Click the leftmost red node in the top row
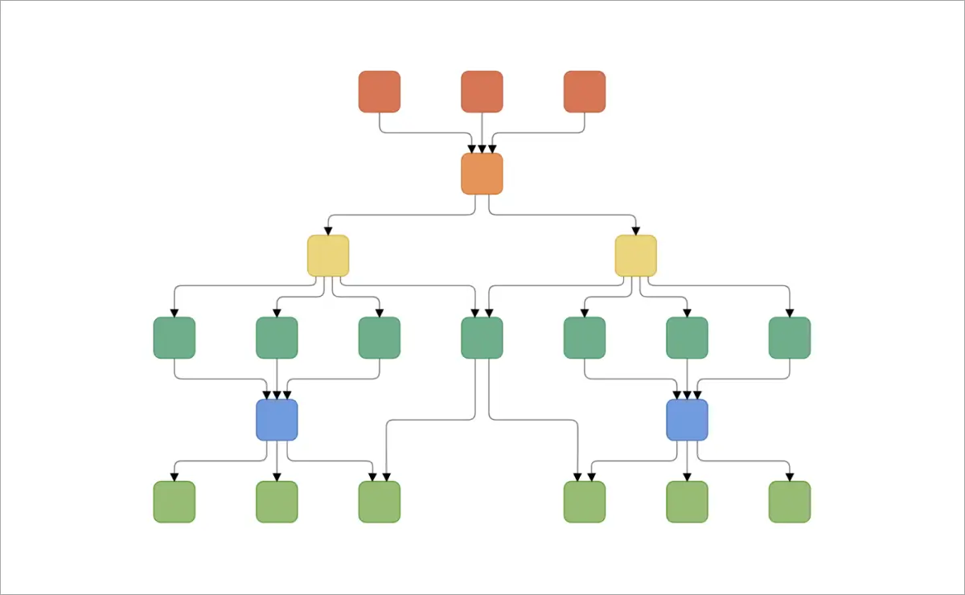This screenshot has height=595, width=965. pos(379,92)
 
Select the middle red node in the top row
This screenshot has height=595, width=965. pos(482,92)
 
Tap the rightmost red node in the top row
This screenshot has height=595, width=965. pos(585,92)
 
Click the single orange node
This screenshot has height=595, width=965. pos(482,174)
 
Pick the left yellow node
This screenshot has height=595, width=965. pos(328,256)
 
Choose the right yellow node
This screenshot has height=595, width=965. pos(635,256)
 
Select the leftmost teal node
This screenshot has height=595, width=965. pos(174,338)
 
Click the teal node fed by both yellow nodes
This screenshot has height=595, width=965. pos(482,338)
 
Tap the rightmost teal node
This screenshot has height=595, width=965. pos(789,338)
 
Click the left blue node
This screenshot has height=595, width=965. pos(277,420)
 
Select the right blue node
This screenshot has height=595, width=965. pos(687,420)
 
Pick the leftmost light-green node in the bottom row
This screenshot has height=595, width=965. pos(174,502)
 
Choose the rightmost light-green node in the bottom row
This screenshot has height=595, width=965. pos(789,502)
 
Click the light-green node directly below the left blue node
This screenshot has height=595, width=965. pos(277,502)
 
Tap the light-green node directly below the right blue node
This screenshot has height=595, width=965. pos(687,502)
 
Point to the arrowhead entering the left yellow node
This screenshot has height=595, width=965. pos(328,231)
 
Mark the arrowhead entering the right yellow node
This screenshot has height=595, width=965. pos(635,231)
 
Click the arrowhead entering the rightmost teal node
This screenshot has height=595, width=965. pos(789,313)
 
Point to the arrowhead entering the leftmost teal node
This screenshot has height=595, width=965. pos(174,313)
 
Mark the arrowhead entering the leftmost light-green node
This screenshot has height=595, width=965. pos(174,477)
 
